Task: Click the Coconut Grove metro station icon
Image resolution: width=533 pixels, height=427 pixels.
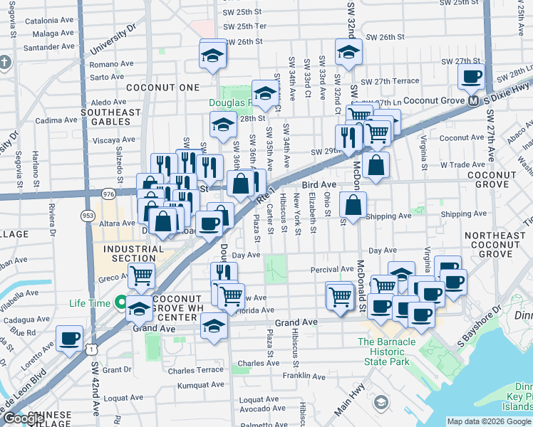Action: pyautogui.click(x=472, y=100)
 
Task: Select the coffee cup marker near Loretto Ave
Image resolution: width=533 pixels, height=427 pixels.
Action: pyautogui.click(x=69, y=339)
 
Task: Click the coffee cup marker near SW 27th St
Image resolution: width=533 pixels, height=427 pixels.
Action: pyautogui.click(x=471, y=76)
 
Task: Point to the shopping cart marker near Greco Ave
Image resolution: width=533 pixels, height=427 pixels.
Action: pyautogui.click(x=142, y=274)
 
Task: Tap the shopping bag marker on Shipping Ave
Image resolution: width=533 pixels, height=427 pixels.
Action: pyautogui.click(x=353, y=205)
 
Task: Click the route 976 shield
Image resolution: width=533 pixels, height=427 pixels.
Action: pyautogui.click(x=108, y=194)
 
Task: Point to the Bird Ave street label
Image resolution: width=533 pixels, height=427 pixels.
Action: pyautogui.click(x=319, y=184)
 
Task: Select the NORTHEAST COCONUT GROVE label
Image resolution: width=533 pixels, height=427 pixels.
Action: pyautogui.click(x=498, y=244)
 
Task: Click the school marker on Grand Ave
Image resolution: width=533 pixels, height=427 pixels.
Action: pyautogui.click(x=213, y=327)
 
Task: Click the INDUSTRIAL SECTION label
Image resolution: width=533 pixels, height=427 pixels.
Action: pyautogui.click(x=128, y=254)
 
